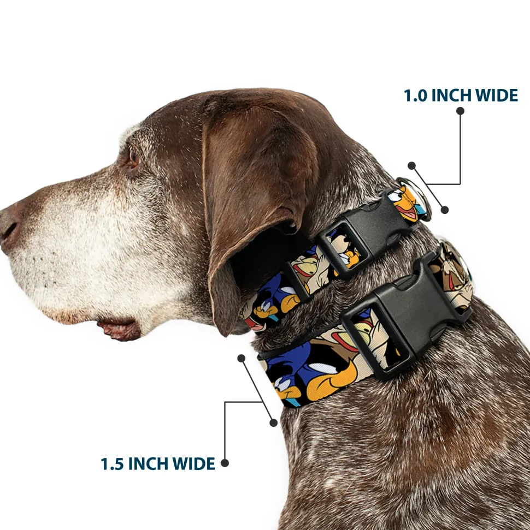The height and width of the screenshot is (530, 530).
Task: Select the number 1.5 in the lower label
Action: [x=112, y=464]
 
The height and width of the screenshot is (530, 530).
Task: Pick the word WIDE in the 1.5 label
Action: [x=194, y=464]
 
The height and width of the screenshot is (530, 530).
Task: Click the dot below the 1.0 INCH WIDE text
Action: [x=460, y=111]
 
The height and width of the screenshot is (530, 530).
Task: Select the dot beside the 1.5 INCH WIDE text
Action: [x=225, y=463]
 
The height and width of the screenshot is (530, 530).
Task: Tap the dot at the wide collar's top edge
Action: [x=242, y=358]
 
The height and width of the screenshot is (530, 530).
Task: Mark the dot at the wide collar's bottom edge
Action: [x=273, y=422]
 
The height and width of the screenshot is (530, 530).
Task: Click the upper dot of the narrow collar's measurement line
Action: [x=411, y=165]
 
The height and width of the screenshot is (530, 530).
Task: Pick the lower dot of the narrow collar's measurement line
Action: [x=445, y=210]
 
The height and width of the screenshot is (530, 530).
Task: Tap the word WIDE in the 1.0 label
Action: [x=497, y=96]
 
